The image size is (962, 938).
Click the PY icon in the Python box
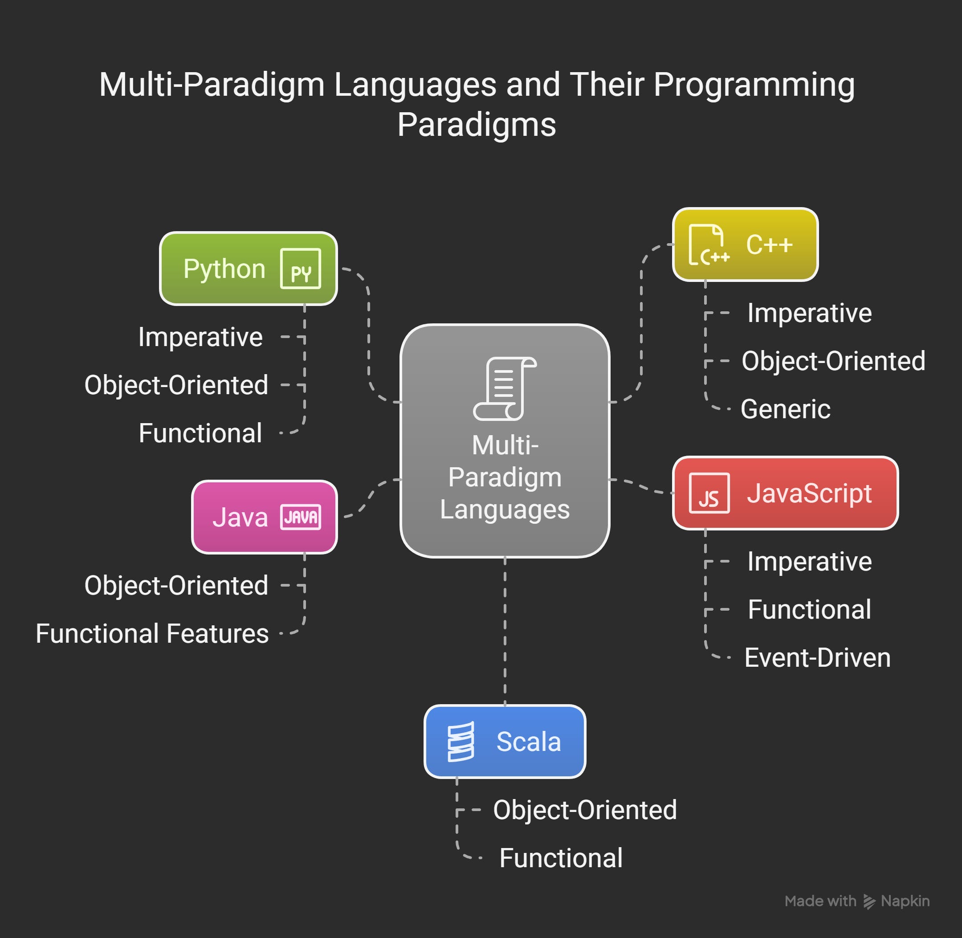[x=300, y=269]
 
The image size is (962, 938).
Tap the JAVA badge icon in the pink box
[x=301, y=517]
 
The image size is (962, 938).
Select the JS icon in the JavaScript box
[x=709, y=493]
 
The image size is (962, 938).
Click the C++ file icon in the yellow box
[x=708, y=245]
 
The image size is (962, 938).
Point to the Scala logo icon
[x=461, y=742]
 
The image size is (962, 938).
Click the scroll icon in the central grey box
[x=505, y=389]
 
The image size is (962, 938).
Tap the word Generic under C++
[x=785, y=409]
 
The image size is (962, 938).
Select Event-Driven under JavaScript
[x=817, y=658]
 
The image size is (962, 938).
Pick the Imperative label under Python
[x=200, y=338]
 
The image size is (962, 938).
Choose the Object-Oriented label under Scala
[x=585, y=810]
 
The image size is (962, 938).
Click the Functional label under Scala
[x=561, y=858]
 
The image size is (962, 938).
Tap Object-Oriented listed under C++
[x=833, y=361]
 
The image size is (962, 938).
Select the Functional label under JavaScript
[x=809, y=610]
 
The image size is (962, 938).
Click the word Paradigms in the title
[x=476, y=125]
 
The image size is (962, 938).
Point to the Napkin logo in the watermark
[x=869, y=901]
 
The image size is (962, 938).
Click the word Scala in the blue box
[x=528, y=742]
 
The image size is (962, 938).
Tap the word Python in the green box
[x=224, y=269]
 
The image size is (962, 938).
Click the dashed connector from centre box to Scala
[x=505, y=631]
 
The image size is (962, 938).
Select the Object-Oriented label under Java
[x=176, y=586]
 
